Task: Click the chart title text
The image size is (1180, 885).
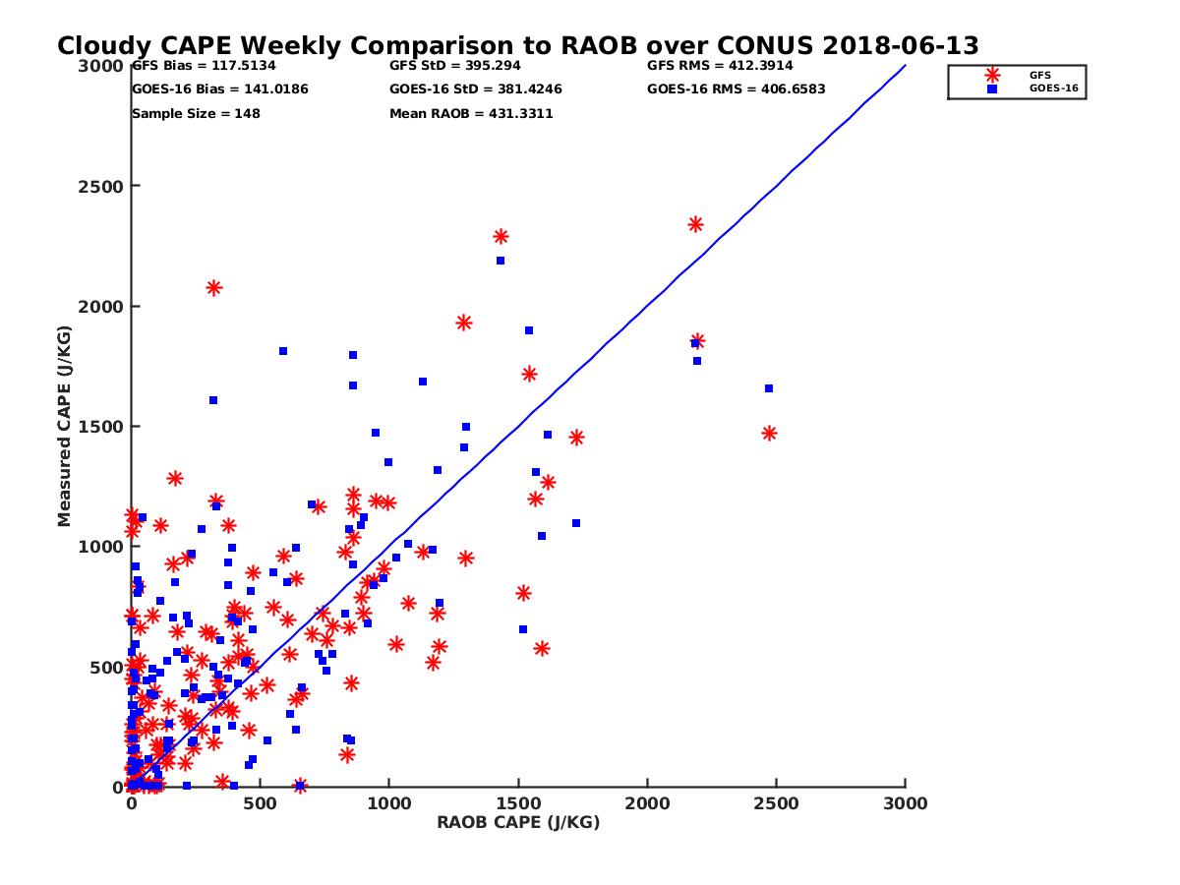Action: (517, 46)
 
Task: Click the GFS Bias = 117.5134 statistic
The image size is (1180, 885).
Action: (204, 66)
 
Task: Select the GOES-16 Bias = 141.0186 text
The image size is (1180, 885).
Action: (219, 89)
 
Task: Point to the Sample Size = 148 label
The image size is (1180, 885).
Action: (196, 113)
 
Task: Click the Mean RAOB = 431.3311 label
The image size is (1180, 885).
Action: (471, 113)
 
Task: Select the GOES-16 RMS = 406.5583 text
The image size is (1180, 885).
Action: (736, 89)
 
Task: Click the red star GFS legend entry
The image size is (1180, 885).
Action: (992, 75)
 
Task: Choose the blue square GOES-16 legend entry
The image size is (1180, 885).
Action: (992, 88)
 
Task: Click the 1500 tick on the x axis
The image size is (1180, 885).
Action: (518, 803)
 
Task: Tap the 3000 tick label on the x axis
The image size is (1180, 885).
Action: (906, 803)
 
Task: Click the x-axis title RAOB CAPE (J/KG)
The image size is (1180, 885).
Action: (518, 823)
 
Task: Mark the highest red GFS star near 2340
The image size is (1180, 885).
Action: (695, 224)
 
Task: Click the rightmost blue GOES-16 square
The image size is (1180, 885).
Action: (769, 388)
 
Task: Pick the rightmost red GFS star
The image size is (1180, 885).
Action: (769, 433)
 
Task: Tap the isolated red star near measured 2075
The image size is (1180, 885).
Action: (213, 287)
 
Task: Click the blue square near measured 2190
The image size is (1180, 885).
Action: (501, 261)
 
